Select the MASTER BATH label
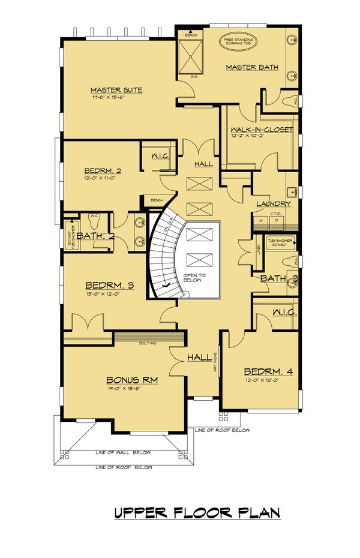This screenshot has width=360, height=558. (252, 67)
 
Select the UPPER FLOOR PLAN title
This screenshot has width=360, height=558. (197, 514)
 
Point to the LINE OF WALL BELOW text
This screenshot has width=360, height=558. (123, 453)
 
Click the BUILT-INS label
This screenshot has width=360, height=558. (148, 343)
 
